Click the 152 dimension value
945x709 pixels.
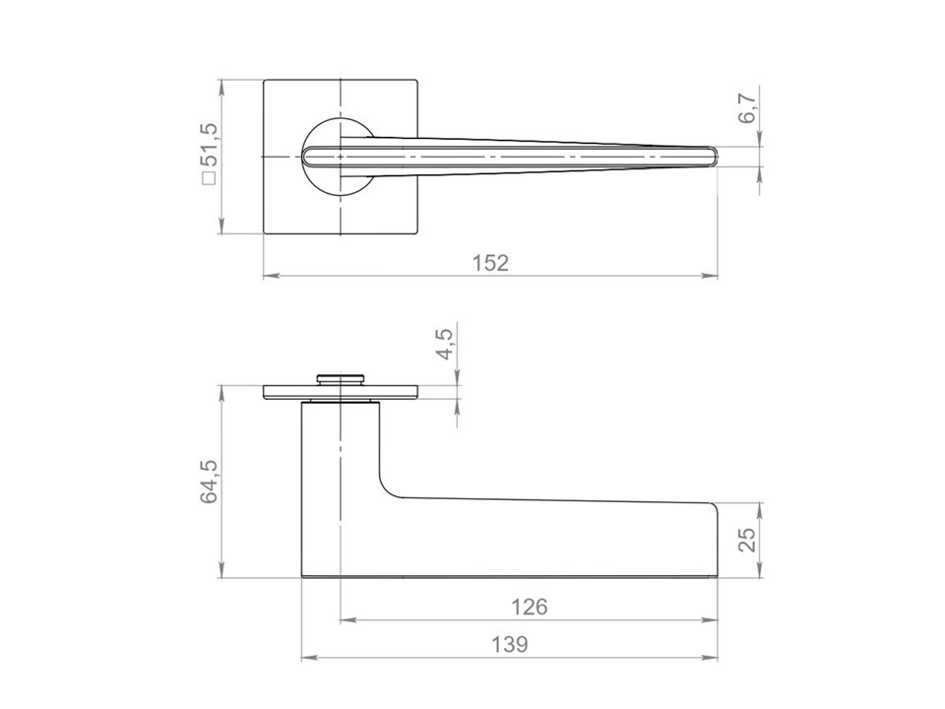pos(490,263)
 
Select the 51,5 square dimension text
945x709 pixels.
pos(213,146)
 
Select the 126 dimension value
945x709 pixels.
pos(530,607)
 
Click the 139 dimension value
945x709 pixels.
pos(509,644)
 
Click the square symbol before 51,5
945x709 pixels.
pos(210,178)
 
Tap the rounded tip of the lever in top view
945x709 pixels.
pos(716,157)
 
